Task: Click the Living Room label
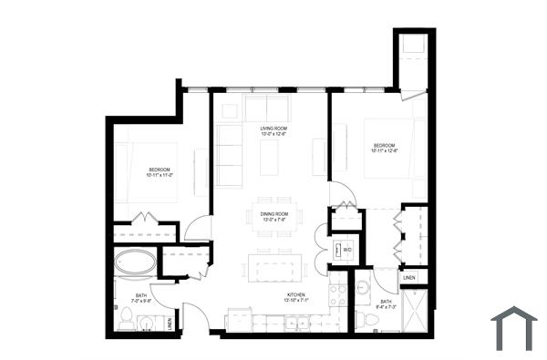tap(273, 129)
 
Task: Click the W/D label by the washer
tap(348, 247)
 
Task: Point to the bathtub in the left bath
tap(135, 263)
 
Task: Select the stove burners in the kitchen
tap(337, 294)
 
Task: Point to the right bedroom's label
tap(384, 146)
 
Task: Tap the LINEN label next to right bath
tap(409, 277)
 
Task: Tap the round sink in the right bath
tap(363, 289)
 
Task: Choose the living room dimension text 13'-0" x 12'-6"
tap(273, 135)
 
